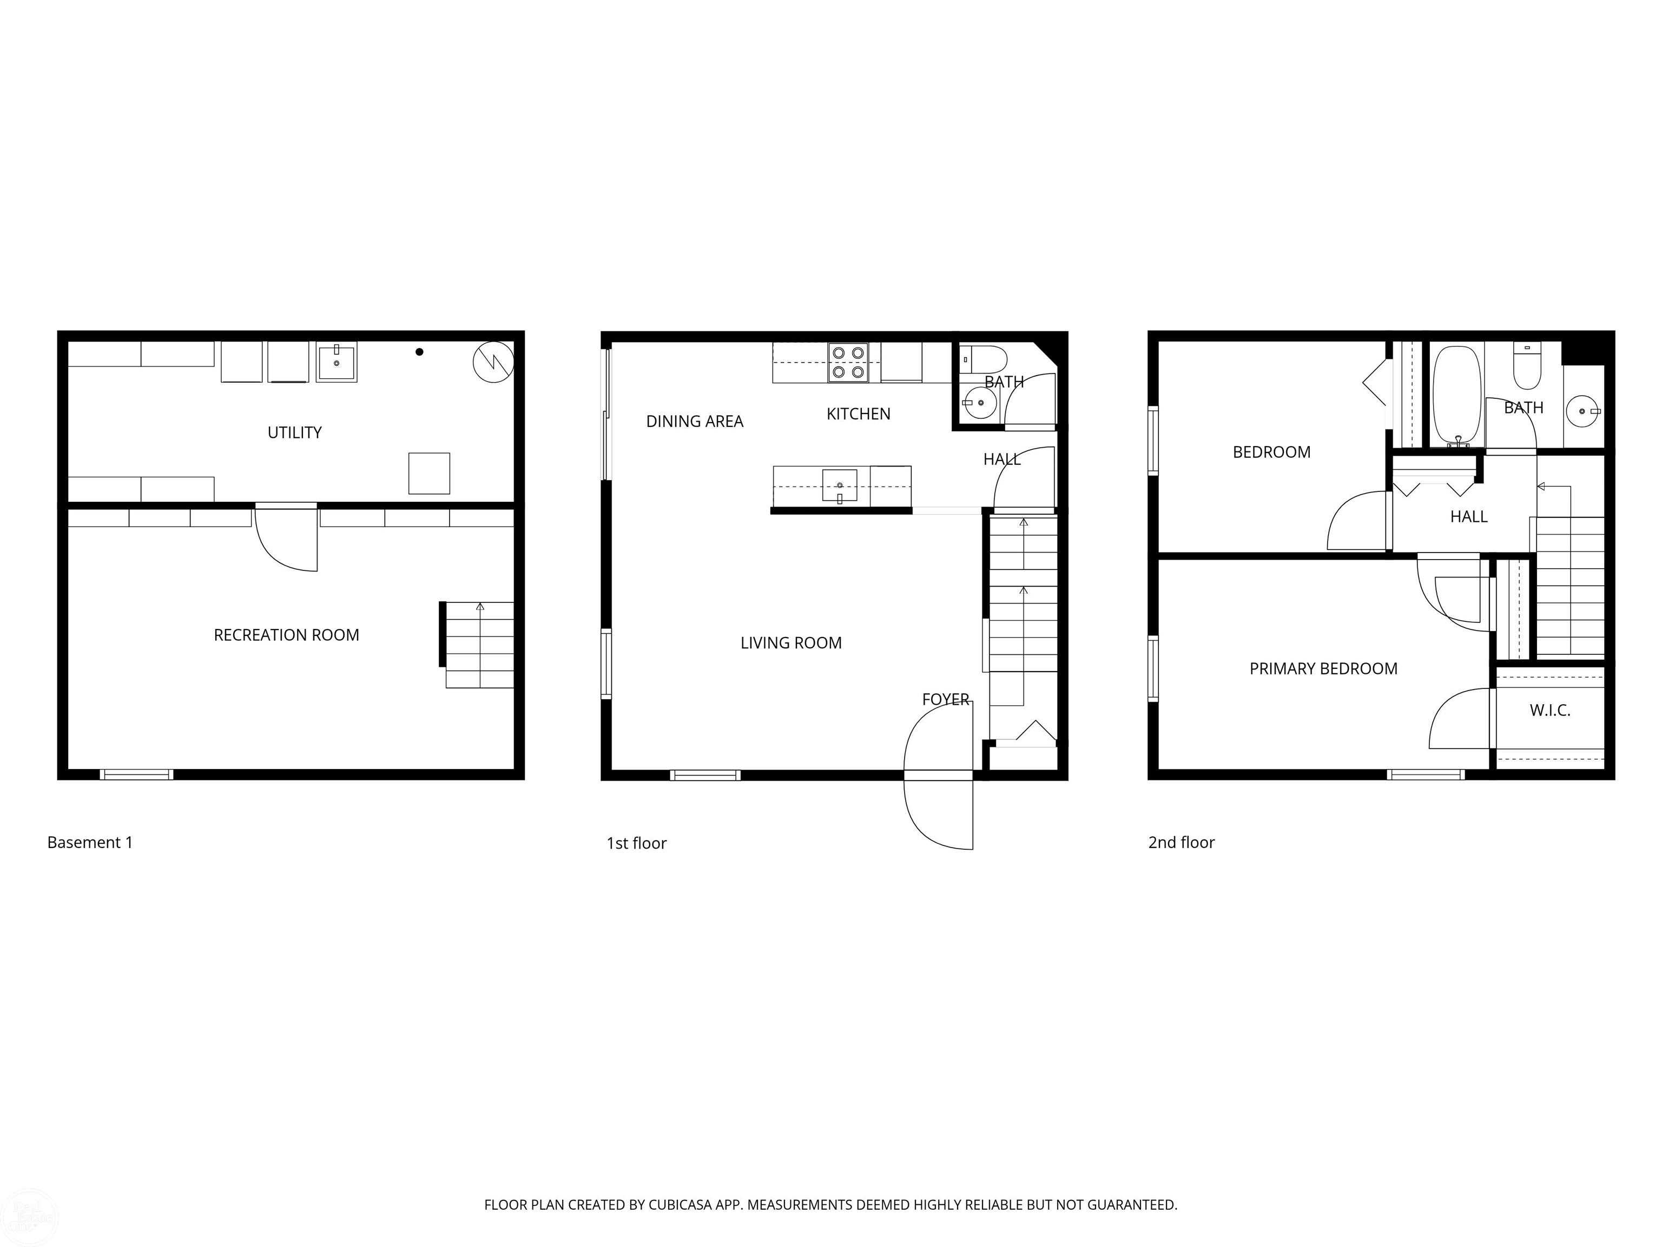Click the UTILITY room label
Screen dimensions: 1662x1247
[x=294, y=432]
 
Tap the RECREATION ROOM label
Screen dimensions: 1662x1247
[x=286, y=635]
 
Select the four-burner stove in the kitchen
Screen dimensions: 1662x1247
[x=848, y=363]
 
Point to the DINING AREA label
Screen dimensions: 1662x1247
[x=694, y=422]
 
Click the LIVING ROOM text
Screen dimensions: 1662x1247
[x=791, y=642]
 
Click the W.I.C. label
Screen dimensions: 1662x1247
[x=1550, y=710]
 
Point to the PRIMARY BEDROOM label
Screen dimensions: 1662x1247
[x=1323, y=669]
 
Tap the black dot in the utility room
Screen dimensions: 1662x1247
[x=419, y=352]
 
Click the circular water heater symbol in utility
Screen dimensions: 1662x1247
[x=493, y=362]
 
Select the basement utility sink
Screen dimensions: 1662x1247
[x=337, y=363]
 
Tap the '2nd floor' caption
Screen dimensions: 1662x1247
[x=1181, y=843]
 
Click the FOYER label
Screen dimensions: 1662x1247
[x=946, y=700]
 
